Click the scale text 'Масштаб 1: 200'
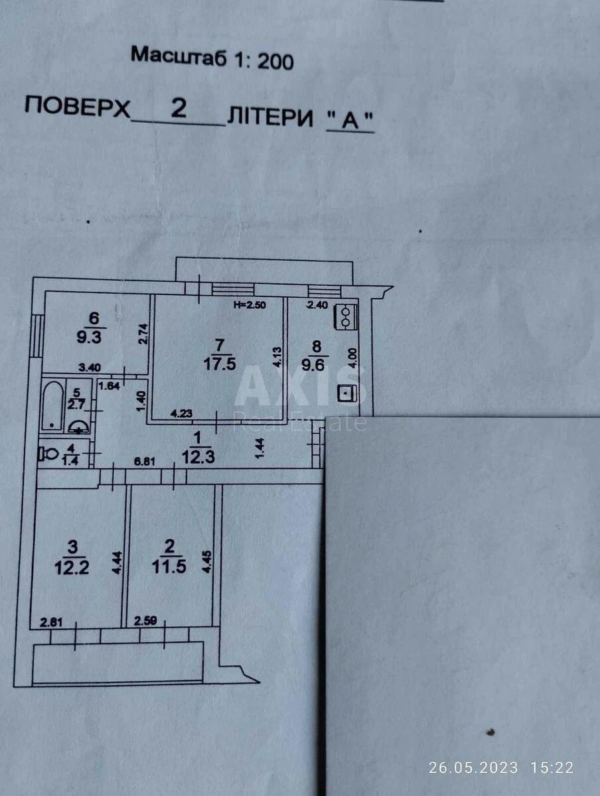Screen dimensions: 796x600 212,58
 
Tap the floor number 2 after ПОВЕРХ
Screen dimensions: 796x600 178,108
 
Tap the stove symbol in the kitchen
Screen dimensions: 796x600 347,316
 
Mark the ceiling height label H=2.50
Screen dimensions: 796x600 250,305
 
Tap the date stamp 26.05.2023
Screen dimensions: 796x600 473,768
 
